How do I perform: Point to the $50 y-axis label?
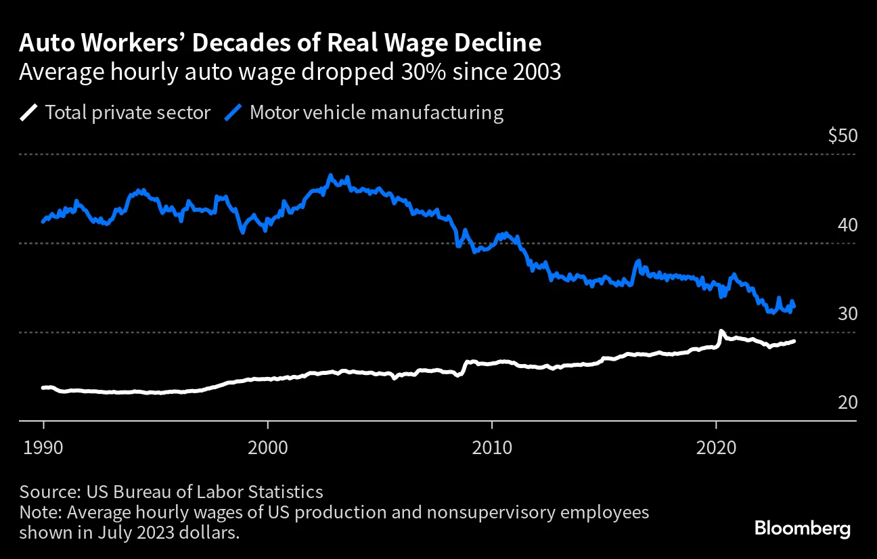point(842,136)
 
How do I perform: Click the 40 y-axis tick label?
point(847,225)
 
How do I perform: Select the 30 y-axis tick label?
point(847,313)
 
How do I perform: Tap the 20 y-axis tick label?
point(847,403)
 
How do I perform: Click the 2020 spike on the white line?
point(721,332)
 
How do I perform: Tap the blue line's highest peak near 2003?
point(330,176)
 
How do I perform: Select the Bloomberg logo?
point(803,529)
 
